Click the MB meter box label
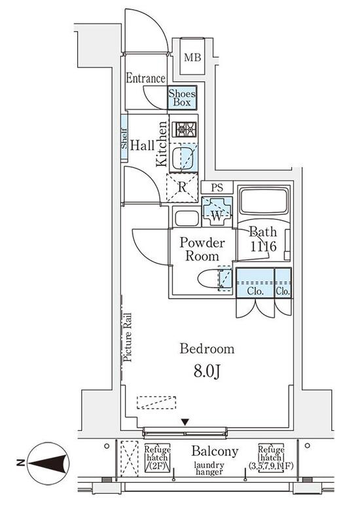pyautogui.click(x=192, y=58)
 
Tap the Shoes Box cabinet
pyautogui.click(x=182, y=98)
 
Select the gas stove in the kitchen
pyautogui.click(x=185, y=129)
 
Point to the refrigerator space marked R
pyautogui.click(x=183, y=187)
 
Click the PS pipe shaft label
pyautogui.click(x=217, y=187)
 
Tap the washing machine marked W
pyautogui.click(x=217, y=212)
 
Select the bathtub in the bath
pyautogui.click(x=264, y=202)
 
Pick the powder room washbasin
pyautogui.click(x=187, y=219)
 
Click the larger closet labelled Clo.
pyautogui.click(x=255, y=283)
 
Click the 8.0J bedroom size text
pyautogui.click(x=207, y=371)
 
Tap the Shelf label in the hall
pyautogui.click(x=124, y=138)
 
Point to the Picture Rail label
pyautogui.click(x=128, y=337)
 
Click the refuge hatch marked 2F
pyautogui.click(x=157, y=458)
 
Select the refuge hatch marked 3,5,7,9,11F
pyautogui.click(x=271, y=458)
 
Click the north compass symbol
pyautogui.click(x=48, y=463)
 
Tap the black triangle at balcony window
pyautogui.click(x=185, y=422)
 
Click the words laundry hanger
pyautogui.click(x=209, y=468)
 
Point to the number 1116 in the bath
pyautogui.click(x=264, y=247)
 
